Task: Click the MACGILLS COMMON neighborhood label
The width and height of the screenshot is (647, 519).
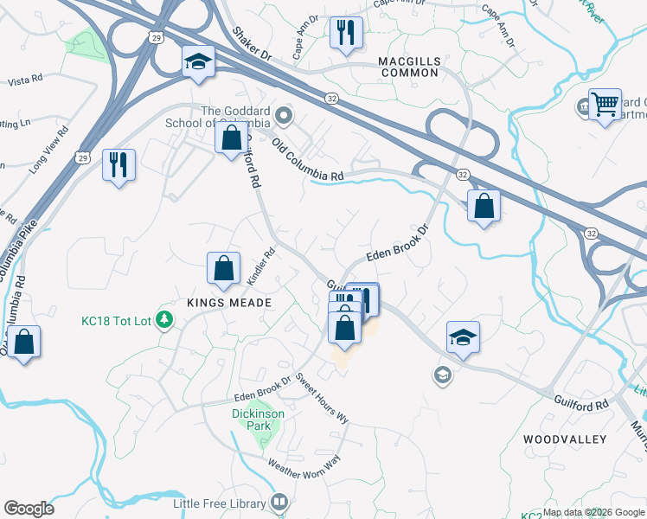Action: pyautogui.click(x=408, y=67)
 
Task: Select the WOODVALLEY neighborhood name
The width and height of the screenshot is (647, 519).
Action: pyautogui.click(x=565, y=439)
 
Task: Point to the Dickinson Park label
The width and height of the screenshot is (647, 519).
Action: pyautogui.click(x=258, y=420)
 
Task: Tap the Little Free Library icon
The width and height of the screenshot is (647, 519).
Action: pyautogui.click(x=279, y=502)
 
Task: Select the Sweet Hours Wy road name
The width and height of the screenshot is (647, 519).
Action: pyautogui.click(x=322, y=399)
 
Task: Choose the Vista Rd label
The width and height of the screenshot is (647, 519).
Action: pyautogui.click(x=25, y=81)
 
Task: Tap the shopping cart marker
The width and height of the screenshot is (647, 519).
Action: pyautogui.click(x=605, y=106)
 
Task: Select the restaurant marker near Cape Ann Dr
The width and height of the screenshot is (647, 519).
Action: pyautogui.click(x=346, y=34)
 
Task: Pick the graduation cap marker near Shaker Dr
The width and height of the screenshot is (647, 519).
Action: pyautogui.click(x=198, y=62)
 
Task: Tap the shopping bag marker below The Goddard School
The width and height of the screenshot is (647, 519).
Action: pyautogui.click(x=232, y=138)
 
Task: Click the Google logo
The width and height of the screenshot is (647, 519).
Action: pyautogui.click(x=29, y=509)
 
